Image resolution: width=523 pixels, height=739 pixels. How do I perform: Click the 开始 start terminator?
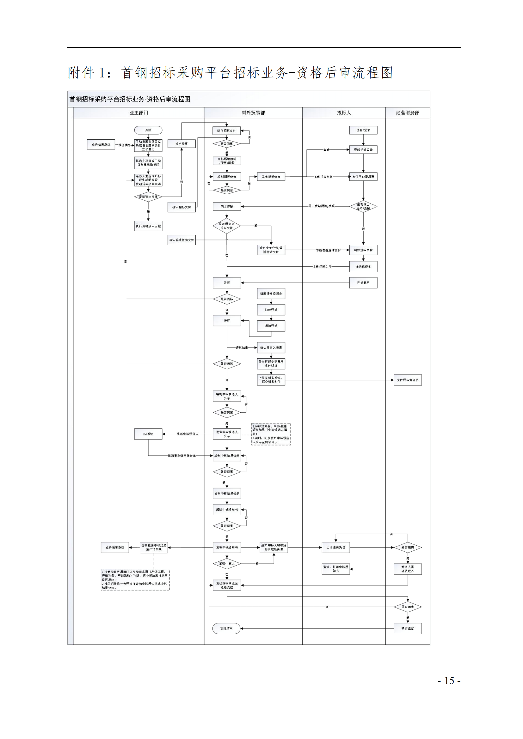coord(148,130)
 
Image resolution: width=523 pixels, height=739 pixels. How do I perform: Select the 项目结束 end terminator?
coord(226,628)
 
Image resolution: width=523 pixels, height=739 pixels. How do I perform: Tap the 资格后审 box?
coord(181,143)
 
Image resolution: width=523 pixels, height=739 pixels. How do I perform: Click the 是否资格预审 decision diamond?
coord(148,197)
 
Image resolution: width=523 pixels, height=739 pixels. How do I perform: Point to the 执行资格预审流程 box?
coord(148,226)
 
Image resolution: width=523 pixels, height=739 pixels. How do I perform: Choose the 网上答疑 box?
coord(227,206)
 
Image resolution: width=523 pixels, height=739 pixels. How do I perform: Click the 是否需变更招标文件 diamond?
coord(227,226)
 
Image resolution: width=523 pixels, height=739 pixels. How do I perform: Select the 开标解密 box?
coord(363,282)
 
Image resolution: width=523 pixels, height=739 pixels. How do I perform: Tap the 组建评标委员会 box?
coord(271,294)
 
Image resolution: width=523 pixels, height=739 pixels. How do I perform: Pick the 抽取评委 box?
coord(271,310)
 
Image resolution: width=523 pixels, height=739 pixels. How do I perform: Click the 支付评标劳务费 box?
coord(407,380)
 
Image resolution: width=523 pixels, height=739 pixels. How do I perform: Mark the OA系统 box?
coord(148,434)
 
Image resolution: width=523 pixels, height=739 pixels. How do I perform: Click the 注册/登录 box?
coord(363,130)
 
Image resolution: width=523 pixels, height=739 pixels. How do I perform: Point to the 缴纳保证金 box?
coord(363,267)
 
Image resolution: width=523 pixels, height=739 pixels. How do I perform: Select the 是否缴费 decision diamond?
coord(407,547)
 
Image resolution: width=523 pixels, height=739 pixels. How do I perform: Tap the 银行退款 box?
coord(407,628)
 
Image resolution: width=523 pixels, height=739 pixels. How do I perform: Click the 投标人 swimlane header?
coord(344,113)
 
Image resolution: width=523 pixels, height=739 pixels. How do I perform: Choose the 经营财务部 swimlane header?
coord(407,113)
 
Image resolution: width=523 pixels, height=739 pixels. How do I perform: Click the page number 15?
coord(449,681)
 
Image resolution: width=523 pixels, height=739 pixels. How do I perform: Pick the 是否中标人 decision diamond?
coord(227,564)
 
